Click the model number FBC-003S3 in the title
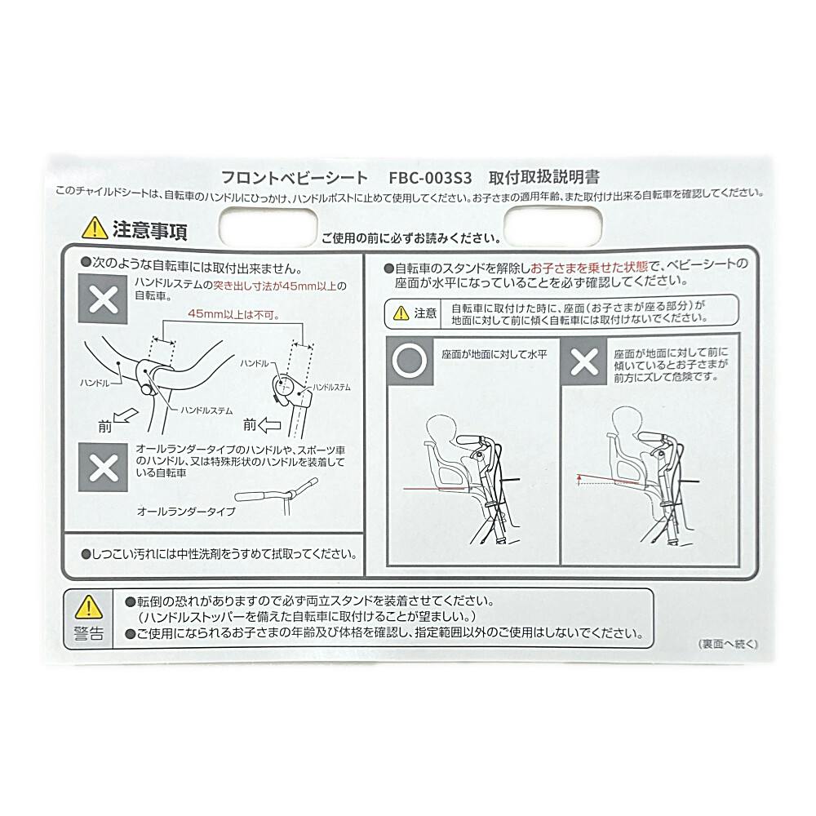click(x=430, y=178)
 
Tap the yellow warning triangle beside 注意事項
click(x=95, y=228)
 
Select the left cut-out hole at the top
click(x=268, y=227)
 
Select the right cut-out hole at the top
click(x=553, y=225)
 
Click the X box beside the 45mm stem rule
click(x=103, y=299)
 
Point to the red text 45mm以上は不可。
click(x=233, y=314)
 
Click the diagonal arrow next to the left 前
click(x=126, y=417)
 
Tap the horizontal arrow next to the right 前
click(x=269, y=426)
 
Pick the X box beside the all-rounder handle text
click(x=103, y=468)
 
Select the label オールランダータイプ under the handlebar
click(x=186, y=512)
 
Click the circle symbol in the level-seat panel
click(x=410, y=360)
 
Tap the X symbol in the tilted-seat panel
click(x=584, y=361)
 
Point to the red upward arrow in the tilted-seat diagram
click(x=579, y=479)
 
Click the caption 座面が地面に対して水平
click(x=494, y=354)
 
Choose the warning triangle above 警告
click(x=89, y=607)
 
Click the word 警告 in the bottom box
click(x=89, y=633)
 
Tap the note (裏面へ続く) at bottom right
click(x=728, y=645)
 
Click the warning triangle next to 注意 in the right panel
click(x=401, y=313)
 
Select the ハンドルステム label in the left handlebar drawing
click(x=206, y=410)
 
